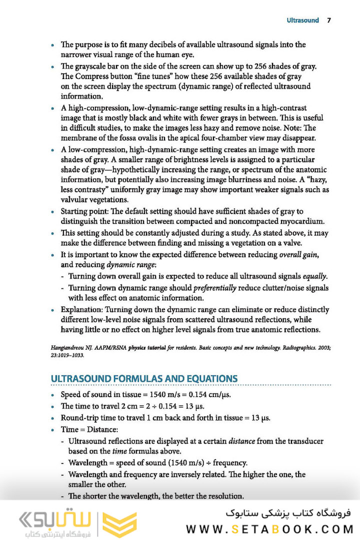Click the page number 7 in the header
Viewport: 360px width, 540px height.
pyautogui.click(x=328, y=20)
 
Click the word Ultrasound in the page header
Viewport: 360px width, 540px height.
pyautogui.click(x=302, y=20)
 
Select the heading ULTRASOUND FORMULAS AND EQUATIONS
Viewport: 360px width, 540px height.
pyautogui.click(x=144, y=378)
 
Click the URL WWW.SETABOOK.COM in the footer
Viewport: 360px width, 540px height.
pyautogui.click(x=269, y=528)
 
